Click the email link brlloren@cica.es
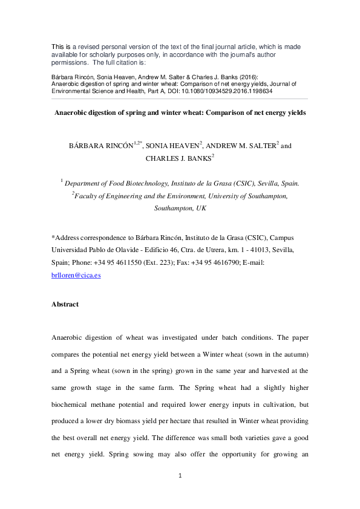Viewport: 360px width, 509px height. point(76,274)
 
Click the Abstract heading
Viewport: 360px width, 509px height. point(65,304)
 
